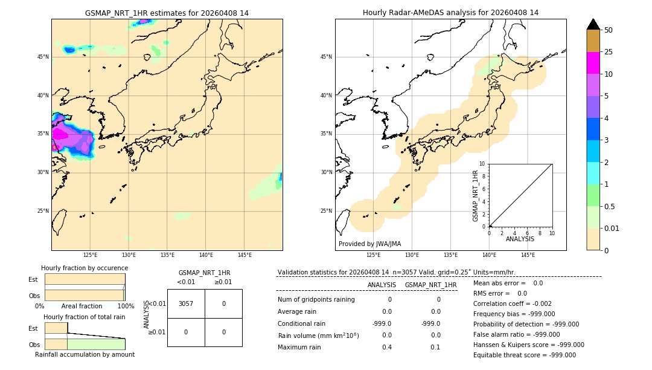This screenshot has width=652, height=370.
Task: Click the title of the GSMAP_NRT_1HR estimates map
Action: coord(167,13)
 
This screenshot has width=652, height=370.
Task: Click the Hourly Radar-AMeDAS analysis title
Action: coord(450,13)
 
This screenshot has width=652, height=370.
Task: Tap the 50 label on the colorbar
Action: coord(609,30)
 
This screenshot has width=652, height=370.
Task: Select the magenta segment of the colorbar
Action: coord(593,63)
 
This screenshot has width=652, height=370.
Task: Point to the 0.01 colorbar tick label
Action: coord(612,228)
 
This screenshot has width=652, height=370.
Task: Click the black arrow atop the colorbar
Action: coord(593,24)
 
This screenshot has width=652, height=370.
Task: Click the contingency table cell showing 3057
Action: coord(186,303)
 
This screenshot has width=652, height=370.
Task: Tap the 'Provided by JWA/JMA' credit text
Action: coord(369,244)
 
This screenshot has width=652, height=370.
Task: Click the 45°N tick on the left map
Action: coord(43,57)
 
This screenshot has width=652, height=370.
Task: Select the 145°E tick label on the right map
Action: coord(528,255)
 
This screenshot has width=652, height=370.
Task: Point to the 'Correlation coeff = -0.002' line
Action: coord(512,303)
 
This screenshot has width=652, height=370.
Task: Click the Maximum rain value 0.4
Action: coord(387,347)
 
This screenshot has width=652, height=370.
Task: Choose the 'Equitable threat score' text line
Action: coord(524,355)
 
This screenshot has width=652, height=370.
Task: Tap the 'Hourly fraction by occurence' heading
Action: coord(85,268)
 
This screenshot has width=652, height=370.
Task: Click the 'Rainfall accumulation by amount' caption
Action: coord(85,354)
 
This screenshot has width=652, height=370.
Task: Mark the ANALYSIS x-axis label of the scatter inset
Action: coord(520,239)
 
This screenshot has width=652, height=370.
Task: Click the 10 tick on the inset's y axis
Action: coord(482,164)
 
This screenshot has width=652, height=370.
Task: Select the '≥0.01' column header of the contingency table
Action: coord(223,282)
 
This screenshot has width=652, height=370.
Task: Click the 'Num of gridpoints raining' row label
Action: coord(316,299)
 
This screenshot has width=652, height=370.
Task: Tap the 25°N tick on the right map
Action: coord(326,211)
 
